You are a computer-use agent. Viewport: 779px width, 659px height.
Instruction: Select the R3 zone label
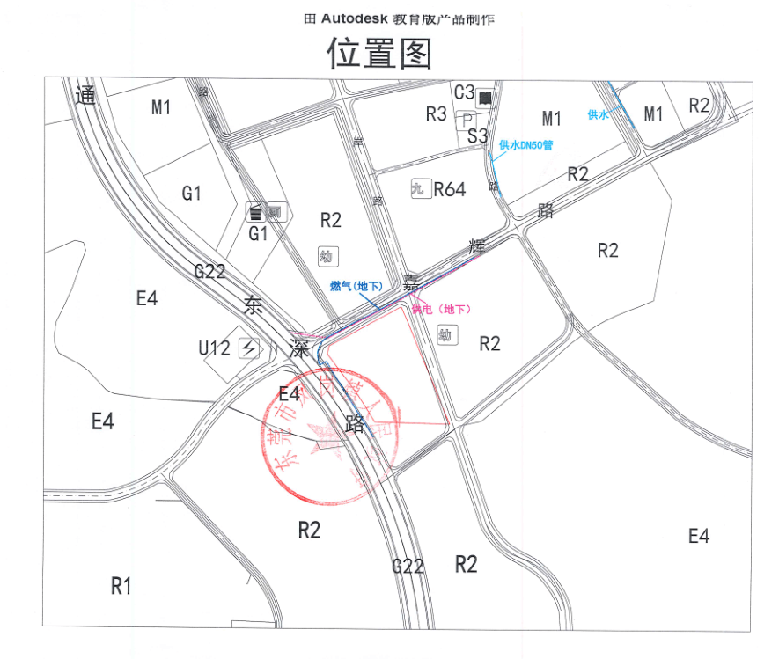coord(437,113)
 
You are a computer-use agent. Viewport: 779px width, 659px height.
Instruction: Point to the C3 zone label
coord(465,92)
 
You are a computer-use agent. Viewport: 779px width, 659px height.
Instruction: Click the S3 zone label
coord(477,135)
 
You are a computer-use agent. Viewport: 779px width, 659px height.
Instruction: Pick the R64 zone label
coord(449,189)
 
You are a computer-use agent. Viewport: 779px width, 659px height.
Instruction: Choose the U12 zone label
coord(215,348)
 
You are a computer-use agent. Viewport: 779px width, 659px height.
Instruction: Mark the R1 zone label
coord(121,585)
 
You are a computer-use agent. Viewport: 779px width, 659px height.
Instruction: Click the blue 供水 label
coord(598,114)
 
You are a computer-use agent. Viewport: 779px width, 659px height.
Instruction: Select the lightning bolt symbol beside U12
coord(249,348)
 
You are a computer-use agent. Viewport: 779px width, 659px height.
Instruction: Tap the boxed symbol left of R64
coord(419,188)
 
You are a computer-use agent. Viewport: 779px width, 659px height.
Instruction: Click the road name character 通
coord(85,96)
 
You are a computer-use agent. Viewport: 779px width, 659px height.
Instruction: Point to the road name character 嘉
coord(411,282)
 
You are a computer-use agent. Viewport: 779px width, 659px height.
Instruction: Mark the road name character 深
coord(300,348)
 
